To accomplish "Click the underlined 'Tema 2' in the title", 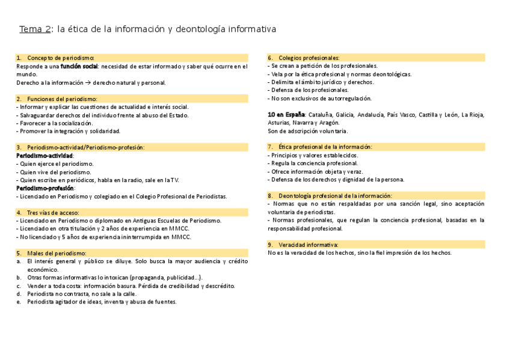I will pyautogui.click(x=35, y=29).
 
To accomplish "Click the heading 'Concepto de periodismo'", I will pyautogui.click(x=60, y=58).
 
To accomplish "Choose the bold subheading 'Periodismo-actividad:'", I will pyautogui.click(x=45, y=155).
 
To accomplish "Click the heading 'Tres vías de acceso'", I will pyautogui.click(x=57, y=212).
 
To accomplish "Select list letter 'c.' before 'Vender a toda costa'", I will pyautogui.click(x=19, y=285).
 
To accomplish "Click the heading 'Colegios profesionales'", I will pyautogui.click(x=309, y=58).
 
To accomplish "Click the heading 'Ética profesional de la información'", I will pyautogui.click(x=325, y=147).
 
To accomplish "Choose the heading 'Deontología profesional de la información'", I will pyautogui.click(x=335, y=195).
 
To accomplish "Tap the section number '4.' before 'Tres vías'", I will pyautogui.click(x=19, y=212).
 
